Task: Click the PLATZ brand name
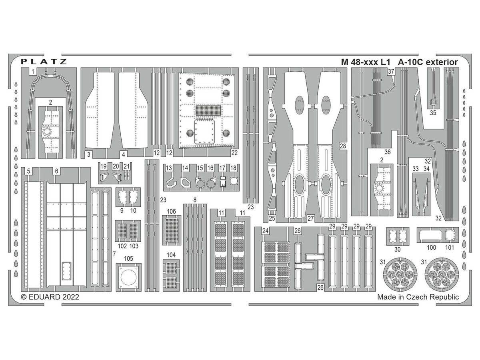click(44, 62)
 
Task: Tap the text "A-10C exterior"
click(428, 62)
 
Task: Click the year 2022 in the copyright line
click(71, 297)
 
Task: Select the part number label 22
click(234, 153)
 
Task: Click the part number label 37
click(391, 72)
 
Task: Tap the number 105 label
click(128, 258)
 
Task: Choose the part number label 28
click(343, 146)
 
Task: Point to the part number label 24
click(265, 231)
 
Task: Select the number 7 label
click(114, 254)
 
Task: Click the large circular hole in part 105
click(128, 277)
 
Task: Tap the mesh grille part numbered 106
click(172, 230)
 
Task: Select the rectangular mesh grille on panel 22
click(208, 110)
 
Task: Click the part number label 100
click(431, 248)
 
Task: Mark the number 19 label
click(103, 166)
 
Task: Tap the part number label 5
click(28, 171)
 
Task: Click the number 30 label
click(397, 249)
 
